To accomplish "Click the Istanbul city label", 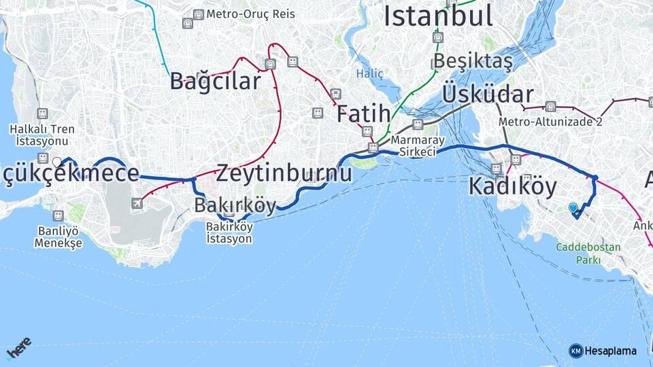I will tap(437, 16).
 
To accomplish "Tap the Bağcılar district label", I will tap(215, 82).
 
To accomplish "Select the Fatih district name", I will tap(363, 113).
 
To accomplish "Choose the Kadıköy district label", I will tap(512, 186).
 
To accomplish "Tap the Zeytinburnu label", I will tap(284, 173).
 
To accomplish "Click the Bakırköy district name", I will tap(235, 205).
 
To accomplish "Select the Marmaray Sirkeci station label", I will tap(418, 146).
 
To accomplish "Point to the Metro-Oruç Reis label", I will tap(243, 14).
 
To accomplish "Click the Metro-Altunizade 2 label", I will tap(550, 122).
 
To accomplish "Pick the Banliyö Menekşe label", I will tap(58, 237).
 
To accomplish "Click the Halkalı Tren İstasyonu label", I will tap(43, 135).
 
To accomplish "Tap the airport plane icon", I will tap(137, 203).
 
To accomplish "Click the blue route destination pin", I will tap(573, 208).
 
